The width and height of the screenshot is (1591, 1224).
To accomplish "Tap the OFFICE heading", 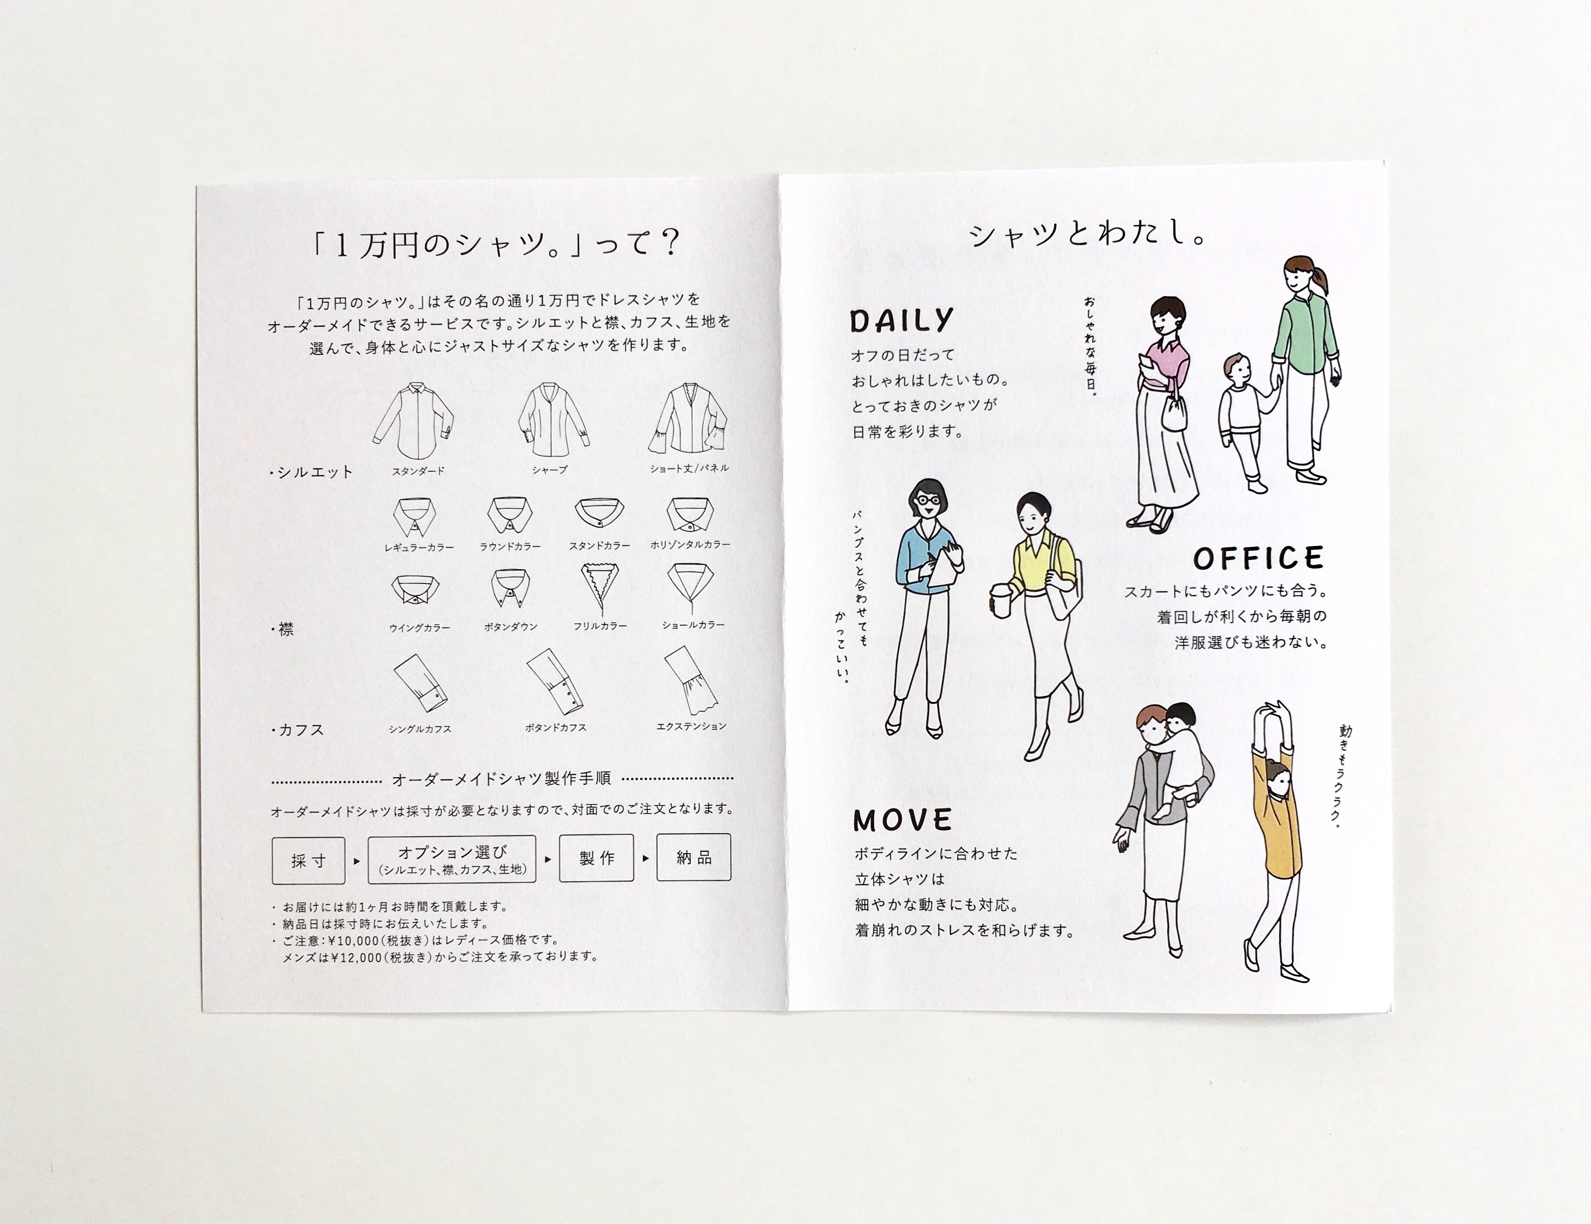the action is (x=1258, y=558).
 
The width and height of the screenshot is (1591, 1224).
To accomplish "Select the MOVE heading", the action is (x=903, y=820).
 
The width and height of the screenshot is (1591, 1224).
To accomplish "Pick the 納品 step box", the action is (x=694, y=857).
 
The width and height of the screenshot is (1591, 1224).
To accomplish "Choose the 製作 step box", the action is (x=597, y=859).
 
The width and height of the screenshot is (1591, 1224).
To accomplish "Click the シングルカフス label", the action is (x=420, y=729).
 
